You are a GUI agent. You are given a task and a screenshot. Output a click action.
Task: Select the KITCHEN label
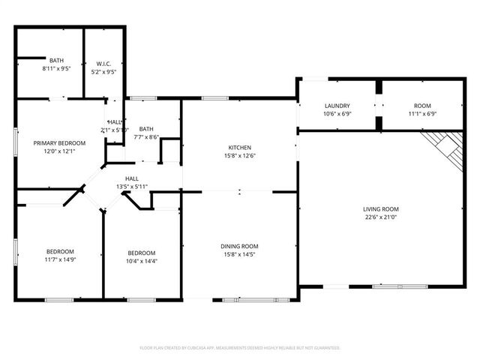pos(239,147)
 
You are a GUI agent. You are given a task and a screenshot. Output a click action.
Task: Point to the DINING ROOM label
pos(239,246)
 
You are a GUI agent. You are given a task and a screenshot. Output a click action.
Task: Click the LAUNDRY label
pos(337,106)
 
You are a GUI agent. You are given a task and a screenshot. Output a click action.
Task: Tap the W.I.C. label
pos(103,63)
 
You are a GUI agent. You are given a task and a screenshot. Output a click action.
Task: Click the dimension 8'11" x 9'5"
pos(56,68)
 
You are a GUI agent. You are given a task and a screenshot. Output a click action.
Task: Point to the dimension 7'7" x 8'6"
pos(146,136)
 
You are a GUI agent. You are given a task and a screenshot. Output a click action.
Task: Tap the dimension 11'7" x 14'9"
pos(59,259)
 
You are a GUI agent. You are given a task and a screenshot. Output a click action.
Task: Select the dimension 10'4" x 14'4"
pos(141,261)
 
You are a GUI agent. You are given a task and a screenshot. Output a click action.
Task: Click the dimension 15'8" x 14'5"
pos(239,255)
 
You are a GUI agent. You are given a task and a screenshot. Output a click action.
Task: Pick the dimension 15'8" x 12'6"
pos(239,156)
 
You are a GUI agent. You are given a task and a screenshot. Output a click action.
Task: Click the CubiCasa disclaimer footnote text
pos(240,348)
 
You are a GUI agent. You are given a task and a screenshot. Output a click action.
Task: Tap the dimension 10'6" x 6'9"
pos(337,114)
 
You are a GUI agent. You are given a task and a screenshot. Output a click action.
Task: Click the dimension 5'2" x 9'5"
pos(103,72)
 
